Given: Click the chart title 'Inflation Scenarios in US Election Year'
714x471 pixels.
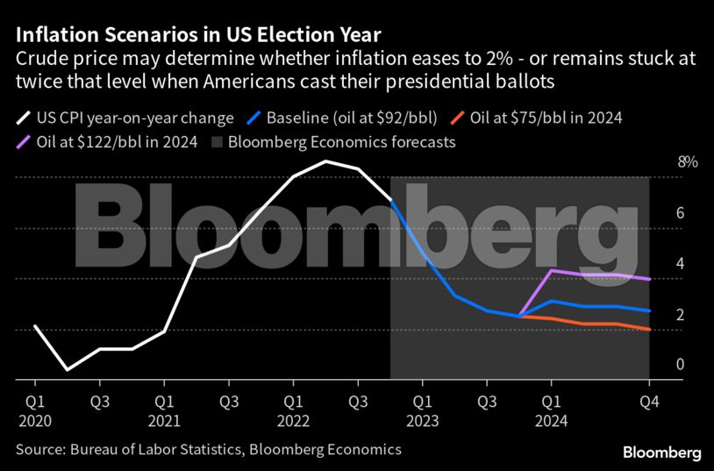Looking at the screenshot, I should tap(197, 35).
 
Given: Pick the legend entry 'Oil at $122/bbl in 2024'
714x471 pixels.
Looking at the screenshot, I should tap(115, 141).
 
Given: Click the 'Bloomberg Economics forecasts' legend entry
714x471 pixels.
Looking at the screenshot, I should tap(341, 141).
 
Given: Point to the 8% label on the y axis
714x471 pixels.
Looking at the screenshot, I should tap(663, 162).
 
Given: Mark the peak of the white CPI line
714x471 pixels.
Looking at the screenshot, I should tap(325, 161).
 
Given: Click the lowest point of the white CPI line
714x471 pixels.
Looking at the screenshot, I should tap(68, 369).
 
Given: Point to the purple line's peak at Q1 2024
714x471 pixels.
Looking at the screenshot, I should tap(551, 270).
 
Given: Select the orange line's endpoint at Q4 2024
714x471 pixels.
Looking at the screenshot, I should tap(649, 330).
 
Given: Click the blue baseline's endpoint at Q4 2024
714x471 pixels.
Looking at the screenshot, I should tap(649, 310).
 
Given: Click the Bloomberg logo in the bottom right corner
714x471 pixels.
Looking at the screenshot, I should tap(661, 453).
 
